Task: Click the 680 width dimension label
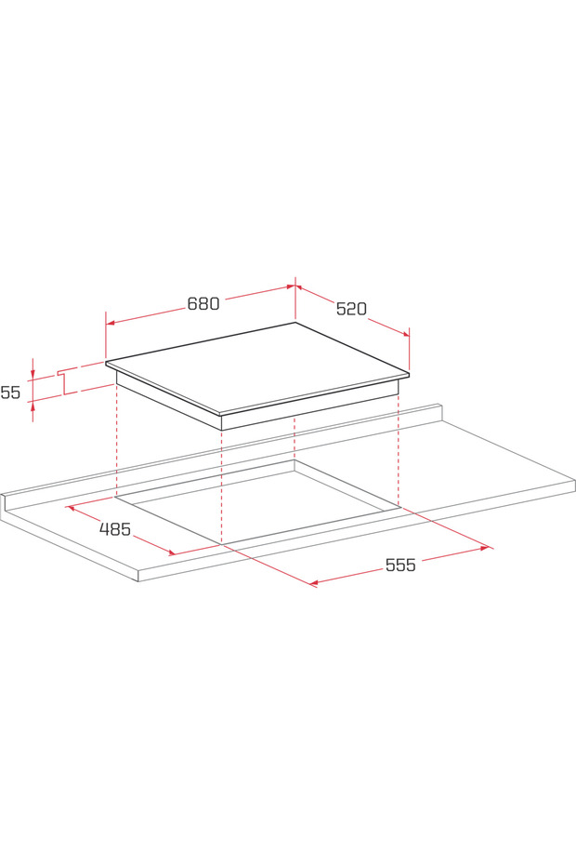point(203,304)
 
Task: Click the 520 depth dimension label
point(351,309)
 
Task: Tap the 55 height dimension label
point(10,393)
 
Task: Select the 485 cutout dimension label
point(115,529)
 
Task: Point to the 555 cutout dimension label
point(400,565)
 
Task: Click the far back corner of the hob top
point(295,323)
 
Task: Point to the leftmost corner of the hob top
point(106,363)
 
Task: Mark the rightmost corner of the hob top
point(409,374)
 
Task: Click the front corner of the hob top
point(220,415)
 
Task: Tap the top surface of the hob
point(260,367)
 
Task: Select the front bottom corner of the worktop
point(138,581)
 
